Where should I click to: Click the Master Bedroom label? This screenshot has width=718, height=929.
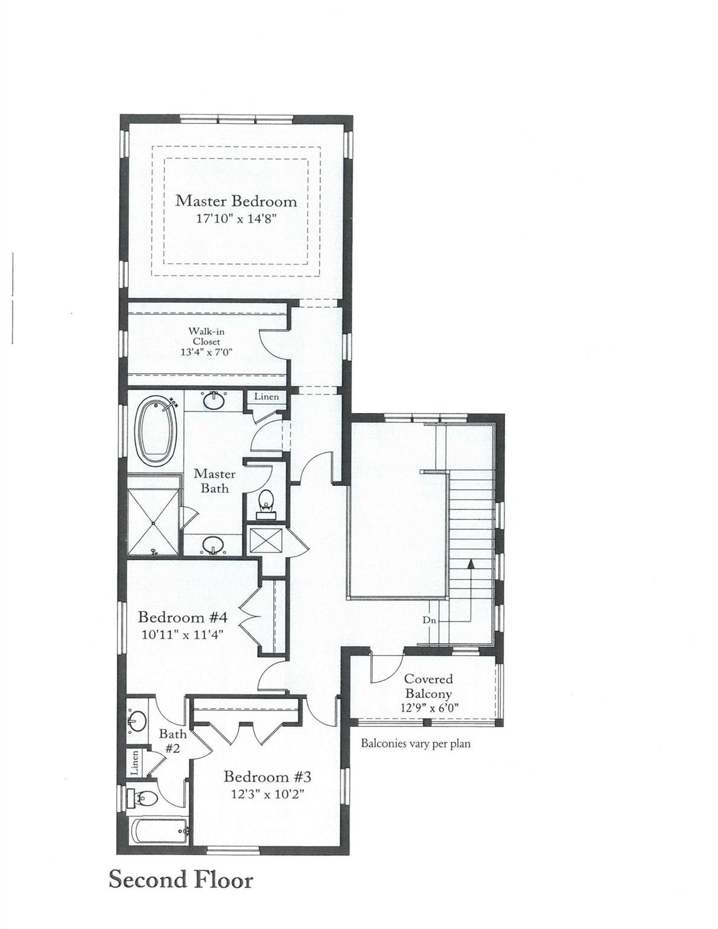tap(236, 201)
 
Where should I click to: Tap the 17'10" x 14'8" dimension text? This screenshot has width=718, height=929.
tap(237, 220)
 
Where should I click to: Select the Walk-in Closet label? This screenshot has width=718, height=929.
tap(206, 336)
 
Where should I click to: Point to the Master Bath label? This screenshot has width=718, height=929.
tap(215, 481)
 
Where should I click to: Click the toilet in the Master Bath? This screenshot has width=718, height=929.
tap(267, 504)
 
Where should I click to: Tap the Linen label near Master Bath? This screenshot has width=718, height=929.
tap(266, 396)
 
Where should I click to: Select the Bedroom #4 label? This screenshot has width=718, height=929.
tap(183, 618)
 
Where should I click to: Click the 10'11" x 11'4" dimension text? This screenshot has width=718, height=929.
tap(183, 634)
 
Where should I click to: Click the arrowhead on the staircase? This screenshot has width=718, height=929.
tap(471, 564)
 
